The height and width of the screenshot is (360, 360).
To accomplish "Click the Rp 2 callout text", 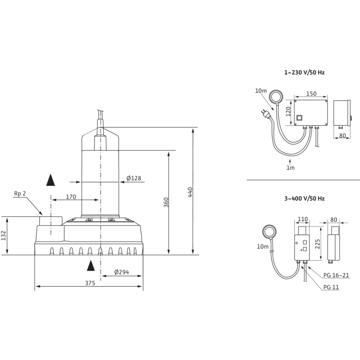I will pos(20,193).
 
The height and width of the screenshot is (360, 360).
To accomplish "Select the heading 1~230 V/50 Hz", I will pos(304,72).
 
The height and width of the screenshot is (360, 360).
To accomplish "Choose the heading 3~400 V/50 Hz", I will pos(304,198).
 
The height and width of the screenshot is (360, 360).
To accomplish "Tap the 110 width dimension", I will pos(302,220).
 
